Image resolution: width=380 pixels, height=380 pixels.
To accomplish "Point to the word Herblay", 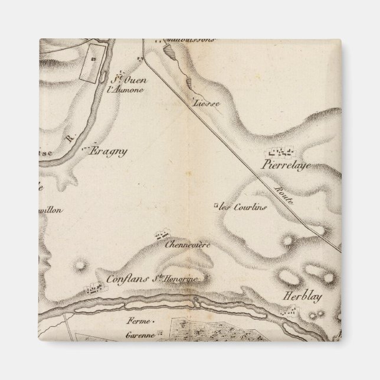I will point(302,297).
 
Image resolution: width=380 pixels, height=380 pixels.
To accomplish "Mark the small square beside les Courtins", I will point(216,206).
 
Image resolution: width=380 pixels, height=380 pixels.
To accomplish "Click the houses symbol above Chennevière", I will point(159,235).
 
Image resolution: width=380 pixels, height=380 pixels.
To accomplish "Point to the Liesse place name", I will point(207,103).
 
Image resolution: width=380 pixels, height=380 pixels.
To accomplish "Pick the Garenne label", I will point(140,335).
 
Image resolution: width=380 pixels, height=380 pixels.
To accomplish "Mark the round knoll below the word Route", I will point(289,240).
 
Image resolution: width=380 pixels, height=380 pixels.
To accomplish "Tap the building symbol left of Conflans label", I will point(93,289).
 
